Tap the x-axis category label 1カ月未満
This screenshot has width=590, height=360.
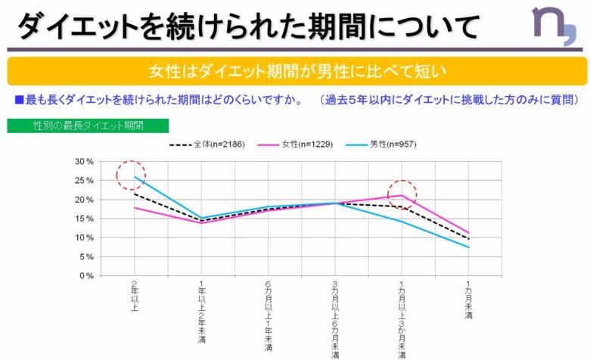point(470,302)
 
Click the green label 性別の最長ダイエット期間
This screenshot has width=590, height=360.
point(88,125)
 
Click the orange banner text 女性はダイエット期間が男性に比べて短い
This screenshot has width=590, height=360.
point(297,71)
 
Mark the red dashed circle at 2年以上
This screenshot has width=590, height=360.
point(132,175)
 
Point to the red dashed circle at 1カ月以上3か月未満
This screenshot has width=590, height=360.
point(402,195)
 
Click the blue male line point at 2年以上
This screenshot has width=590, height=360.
point(135,177)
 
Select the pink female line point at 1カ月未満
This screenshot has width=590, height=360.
point(469,233)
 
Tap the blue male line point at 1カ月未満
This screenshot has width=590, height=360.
point(469,247)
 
